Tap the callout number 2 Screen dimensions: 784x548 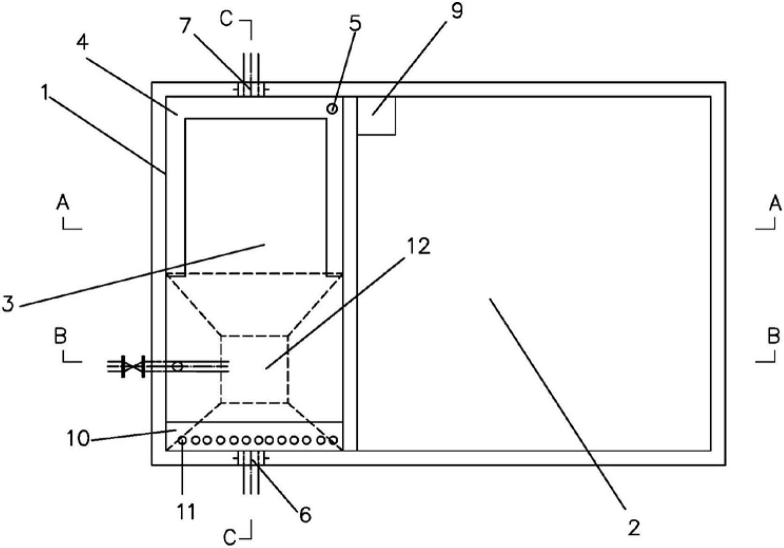pos(633,527)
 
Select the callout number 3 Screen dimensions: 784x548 pos(8,304)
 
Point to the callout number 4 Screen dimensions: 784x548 pos(83,43)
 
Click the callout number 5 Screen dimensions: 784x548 pos(355,23)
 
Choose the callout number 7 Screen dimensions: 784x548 pos(186,26)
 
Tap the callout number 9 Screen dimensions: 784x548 pos(456,11)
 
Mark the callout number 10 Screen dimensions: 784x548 pos(78,438)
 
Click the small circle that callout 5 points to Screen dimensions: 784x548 pos(332,109)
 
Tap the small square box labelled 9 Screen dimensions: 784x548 pos(376,116)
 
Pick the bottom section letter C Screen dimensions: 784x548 pos(230,537)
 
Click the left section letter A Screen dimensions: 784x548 pos(63,203)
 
